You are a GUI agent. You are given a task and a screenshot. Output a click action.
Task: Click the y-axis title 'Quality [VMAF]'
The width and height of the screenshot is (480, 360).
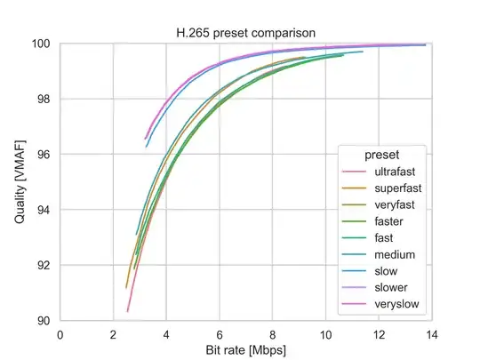20,181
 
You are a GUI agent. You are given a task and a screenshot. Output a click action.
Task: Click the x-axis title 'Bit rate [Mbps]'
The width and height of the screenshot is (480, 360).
245,351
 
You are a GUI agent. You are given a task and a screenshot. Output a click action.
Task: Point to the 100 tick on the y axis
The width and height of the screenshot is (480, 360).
43,44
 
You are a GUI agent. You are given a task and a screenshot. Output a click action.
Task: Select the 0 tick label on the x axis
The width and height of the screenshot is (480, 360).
60,334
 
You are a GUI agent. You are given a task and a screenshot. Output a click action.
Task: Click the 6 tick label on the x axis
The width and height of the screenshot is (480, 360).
220,334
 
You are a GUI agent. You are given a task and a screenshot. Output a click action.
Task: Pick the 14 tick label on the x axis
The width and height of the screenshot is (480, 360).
431,334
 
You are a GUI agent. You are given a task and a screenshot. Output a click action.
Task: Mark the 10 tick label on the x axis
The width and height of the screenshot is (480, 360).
325,334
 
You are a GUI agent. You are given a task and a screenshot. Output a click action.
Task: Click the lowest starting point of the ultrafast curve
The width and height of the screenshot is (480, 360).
128,311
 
